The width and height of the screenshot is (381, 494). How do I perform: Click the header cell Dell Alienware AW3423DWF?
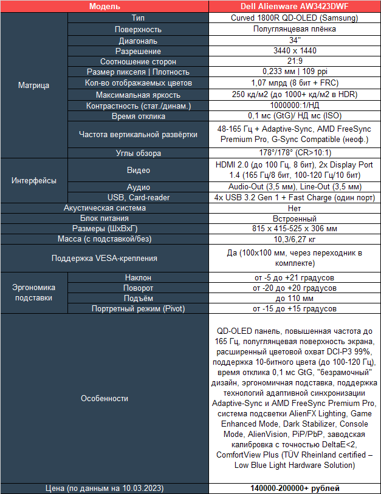pos(295,7)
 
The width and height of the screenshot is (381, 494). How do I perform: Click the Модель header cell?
pos(105,7)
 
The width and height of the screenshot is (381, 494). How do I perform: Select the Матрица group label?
pos(33,86)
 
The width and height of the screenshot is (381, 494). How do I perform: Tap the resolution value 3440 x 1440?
pos(295,51)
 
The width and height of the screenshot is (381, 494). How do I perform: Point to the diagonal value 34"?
pos(295,40)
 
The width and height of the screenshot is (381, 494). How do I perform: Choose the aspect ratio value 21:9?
pos(295,62)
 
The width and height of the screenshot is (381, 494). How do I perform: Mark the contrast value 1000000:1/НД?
pos(295,106)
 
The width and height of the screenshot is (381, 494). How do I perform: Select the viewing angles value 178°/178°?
pos(295,153)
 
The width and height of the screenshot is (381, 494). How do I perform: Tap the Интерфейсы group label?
pos(33,180)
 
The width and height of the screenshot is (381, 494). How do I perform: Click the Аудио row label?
pos(138,187)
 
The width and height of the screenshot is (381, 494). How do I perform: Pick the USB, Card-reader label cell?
pos(138,197)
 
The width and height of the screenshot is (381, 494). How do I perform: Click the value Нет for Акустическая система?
pos(295,208)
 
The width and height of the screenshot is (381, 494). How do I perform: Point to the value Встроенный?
pos(295,218)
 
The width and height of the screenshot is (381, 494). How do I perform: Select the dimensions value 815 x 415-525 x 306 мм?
pos(295,229)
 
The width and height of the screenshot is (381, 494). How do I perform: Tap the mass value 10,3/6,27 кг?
pos(295,240)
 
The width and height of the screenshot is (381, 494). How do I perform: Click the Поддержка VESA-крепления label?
pos(105,258)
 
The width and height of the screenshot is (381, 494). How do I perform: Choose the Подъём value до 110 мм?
pos(295,298)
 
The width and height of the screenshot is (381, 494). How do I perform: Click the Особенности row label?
pos(105,398)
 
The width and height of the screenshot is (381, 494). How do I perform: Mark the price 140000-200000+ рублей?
pos(295,488)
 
